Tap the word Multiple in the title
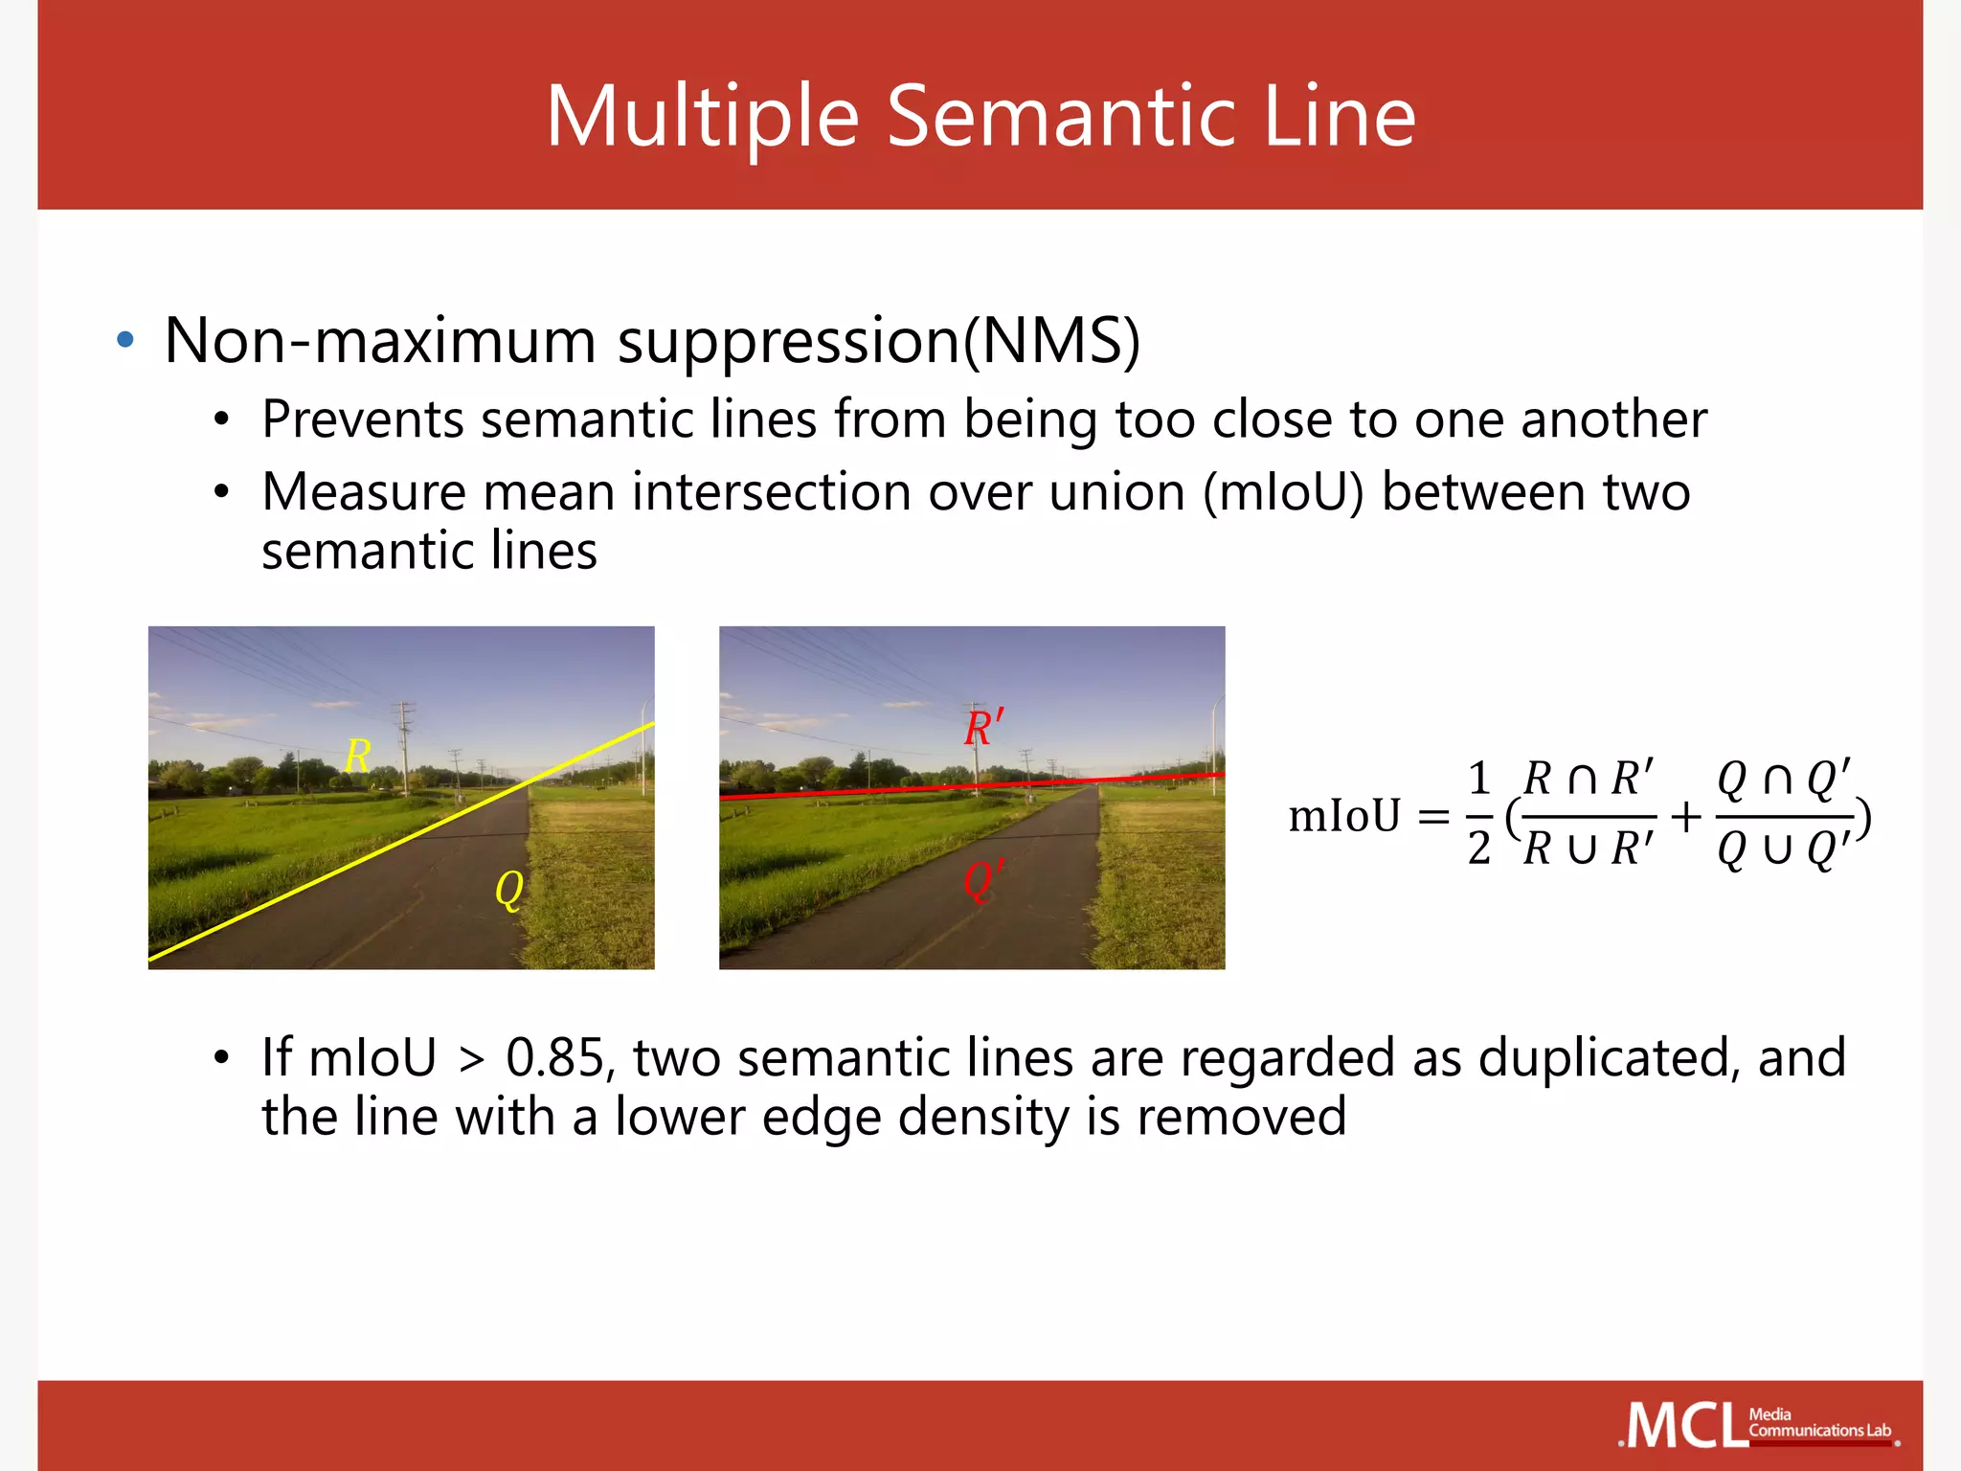coord(702,119)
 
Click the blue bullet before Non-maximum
coord(124,340)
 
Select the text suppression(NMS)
coord(878,342)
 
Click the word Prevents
coord(362,419)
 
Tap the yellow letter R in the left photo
coord(357,757)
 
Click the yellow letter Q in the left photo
coord(508,891)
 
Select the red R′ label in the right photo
coord(983,728)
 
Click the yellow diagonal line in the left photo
coord(402,842)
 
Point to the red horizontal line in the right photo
coord(972,786)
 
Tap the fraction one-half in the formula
coord(1479,814)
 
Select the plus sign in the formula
coord(1685,817)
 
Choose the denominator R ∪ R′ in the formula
coord(1588,849)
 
